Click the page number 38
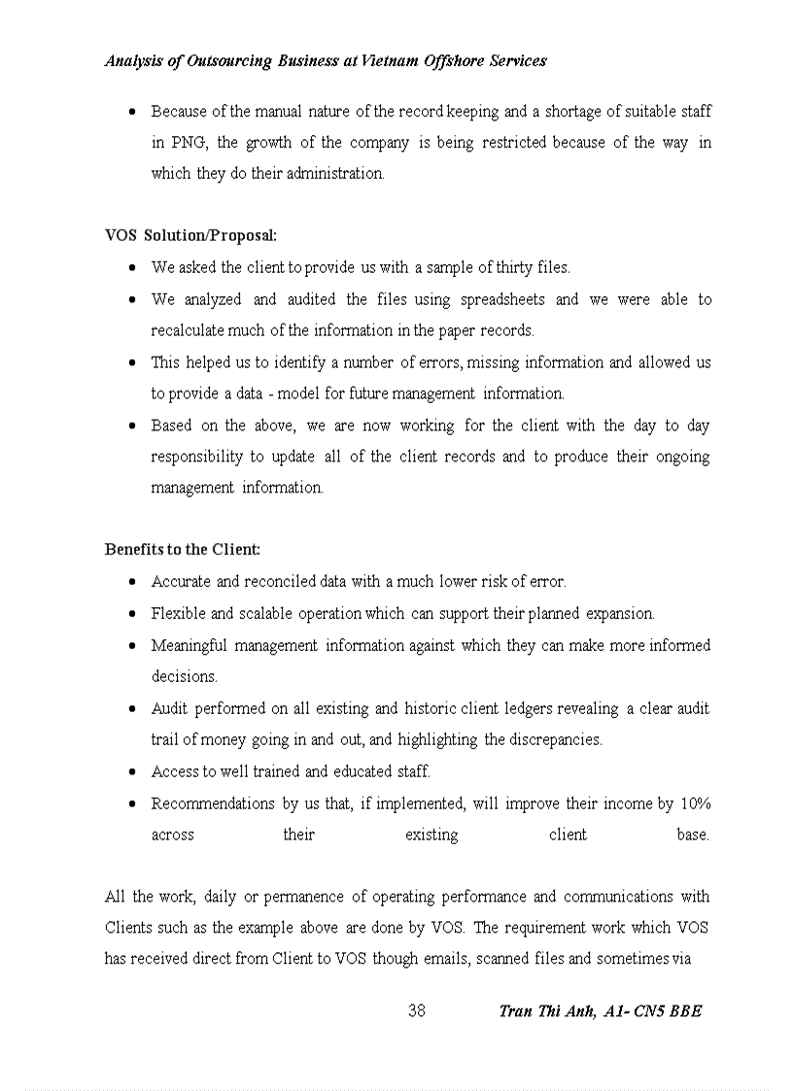pos(416,1010)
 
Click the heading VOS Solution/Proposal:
pos(190,235)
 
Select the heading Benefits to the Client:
pos(182,549)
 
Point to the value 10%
pos(695,803)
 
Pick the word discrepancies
pos(556,739)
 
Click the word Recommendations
pos(199,803)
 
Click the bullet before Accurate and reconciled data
pos(132,582)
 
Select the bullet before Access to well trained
pos(132,771)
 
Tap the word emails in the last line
pos(447,959)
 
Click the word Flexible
pos(178,613)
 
